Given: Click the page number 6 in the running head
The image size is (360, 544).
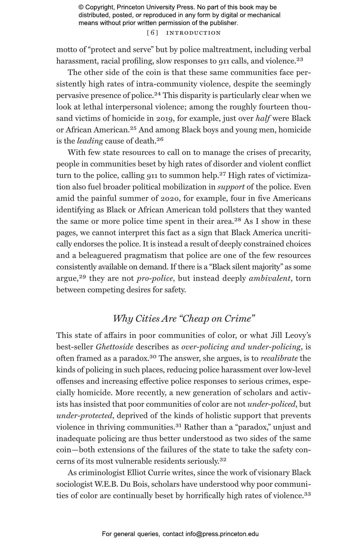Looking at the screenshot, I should [152, 33].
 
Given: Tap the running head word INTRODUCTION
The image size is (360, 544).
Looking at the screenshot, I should [193, 33].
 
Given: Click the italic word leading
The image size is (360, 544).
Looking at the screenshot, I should [90, 141].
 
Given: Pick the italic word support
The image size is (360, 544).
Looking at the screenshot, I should [231, 187].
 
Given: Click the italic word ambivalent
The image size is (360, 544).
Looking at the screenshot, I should [269, 278].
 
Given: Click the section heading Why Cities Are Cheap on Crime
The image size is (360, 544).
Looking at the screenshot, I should [184, 318].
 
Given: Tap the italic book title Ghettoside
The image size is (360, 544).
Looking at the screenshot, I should [115, 347].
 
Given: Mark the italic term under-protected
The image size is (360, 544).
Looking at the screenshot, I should [84, 416].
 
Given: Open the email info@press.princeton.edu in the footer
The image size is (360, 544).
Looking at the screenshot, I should [222, 534].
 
